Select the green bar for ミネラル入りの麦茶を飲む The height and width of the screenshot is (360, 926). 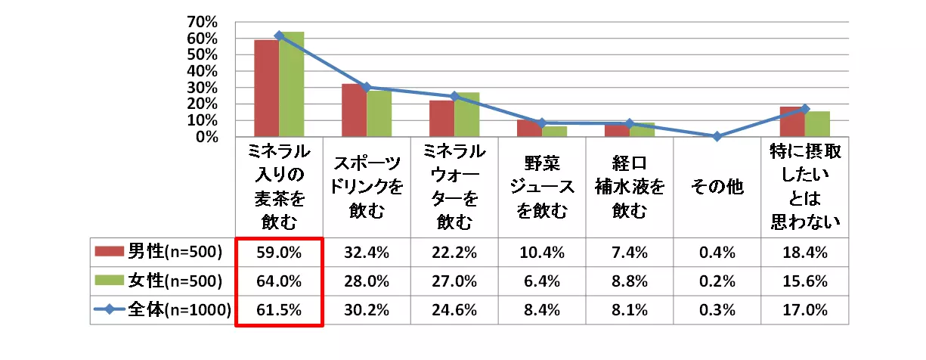pyautogui.click(x=291, y=85)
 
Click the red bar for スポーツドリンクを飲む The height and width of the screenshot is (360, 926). pyautogui.click(x=354, y=110)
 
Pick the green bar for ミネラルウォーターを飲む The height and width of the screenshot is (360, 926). pyautogui.click(x=466, y=115)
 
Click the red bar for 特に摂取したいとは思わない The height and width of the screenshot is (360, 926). pyautogui.click(x=792, y=122)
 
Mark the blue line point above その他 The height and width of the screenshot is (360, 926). pyautogui.click(x=717, y=136)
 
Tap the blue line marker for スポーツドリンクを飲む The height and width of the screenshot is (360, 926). pyautogui.click(x=367, y=87)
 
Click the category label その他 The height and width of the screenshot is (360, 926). pyautogui.click(x=717, y=187)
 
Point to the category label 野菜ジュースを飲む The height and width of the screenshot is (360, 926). pyautogui.click(x=542, y=187)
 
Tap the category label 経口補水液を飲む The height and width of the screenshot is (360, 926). pyautogui.click(x=630, y=187)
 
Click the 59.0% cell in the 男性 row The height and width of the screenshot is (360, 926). pyautogui.click(x=279, y=251)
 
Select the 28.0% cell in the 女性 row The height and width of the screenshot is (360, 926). pyautogui.click(x=367, y=281)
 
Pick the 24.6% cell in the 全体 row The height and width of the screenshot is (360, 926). pyautogui.click(x=454, y=309)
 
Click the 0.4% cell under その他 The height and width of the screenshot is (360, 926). pyautogui.click(x=717, y=251)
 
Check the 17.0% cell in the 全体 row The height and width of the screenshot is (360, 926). pyautogui.click(x=805, y=309)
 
